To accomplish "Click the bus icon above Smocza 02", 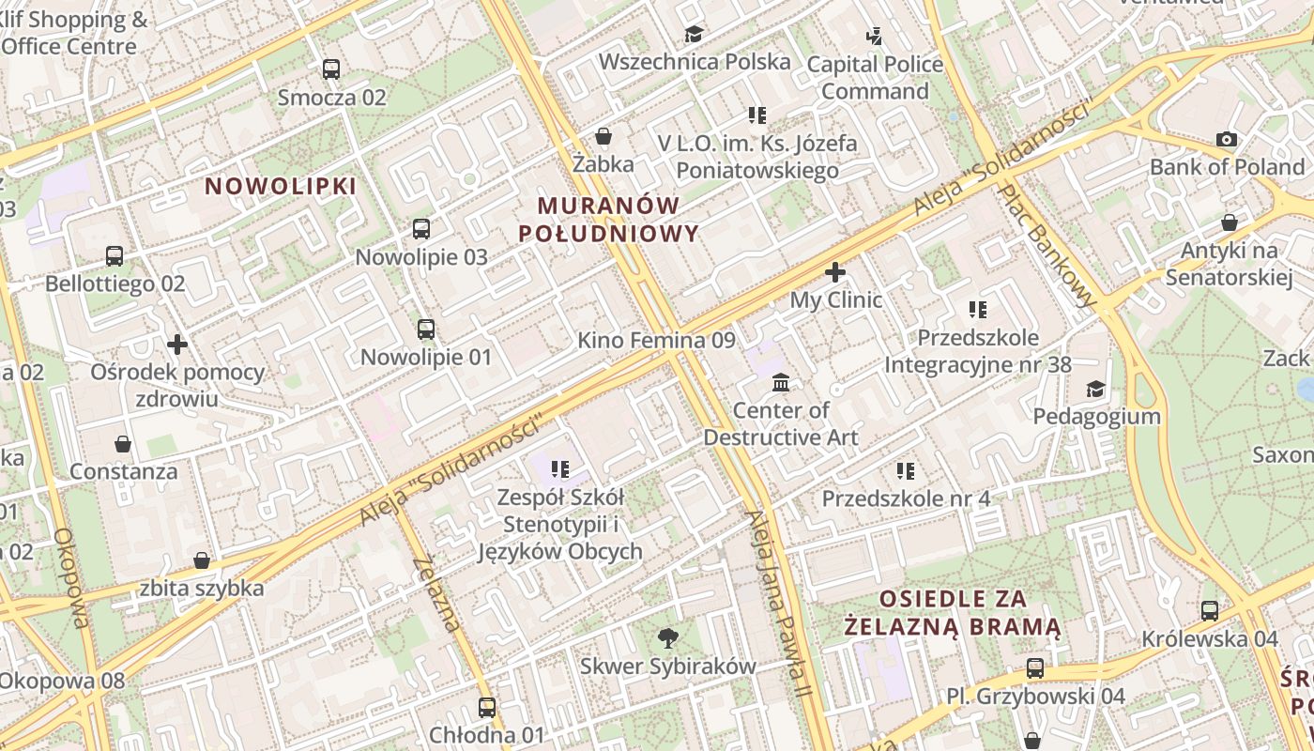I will (331, 69).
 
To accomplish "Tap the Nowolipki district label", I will (282, 186).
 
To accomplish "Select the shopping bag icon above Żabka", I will (604, 137).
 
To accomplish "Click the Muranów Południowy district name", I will (618, 220).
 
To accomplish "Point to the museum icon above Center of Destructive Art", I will (781, 382).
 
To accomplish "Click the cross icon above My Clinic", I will (835, 272).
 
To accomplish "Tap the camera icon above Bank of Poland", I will (1227, 140).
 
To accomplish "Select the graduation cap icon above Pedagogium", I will (1096, 389).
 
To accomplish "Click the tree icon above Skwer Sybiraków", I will (668, 638).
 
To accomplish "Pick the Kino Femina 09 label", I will (656, 341).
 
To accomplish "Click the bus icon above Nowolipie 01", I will (426, 330).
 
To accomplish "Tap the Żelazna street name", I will (437, 593).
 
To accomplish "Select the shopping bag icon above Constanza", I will (123, 444).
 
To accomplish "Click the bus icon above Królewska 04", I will (1210, 611).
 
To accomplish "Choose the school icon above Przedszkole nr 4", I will (906, 470).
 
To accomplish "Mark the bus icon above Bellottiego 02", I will (115, 255).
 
